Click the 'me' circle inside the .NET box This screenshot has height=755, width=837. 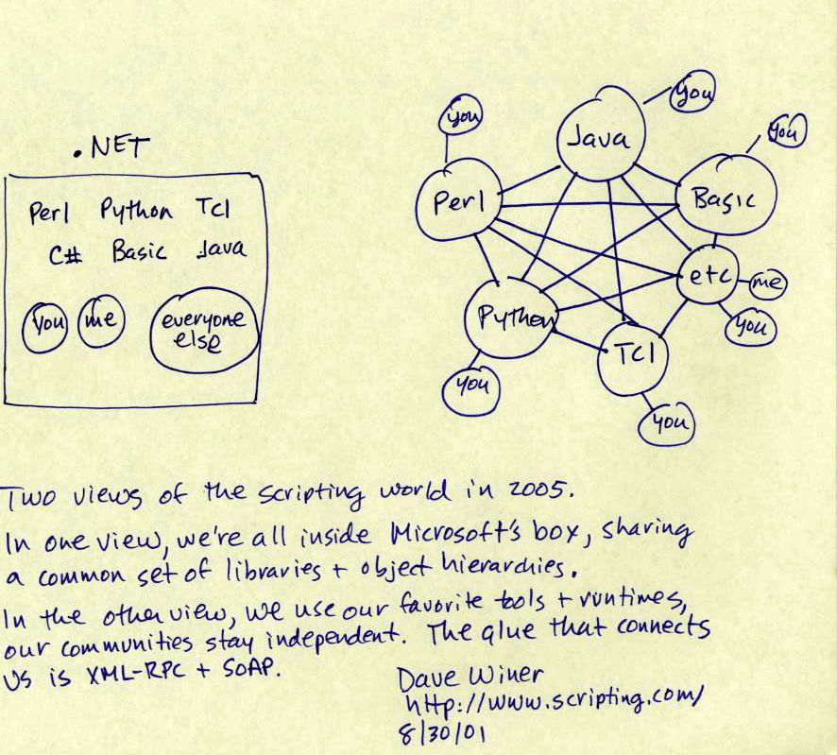[x=99, y=321]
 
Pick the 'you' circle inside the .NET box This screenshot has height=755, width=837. [x=45, y=323]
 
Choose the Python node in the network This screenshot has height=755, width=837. [x=512, y=317]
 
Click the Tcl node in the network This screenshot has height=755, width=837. [x=630, y=353]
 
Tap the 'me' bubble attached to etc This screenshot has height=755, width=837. [x=768, y=282]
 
